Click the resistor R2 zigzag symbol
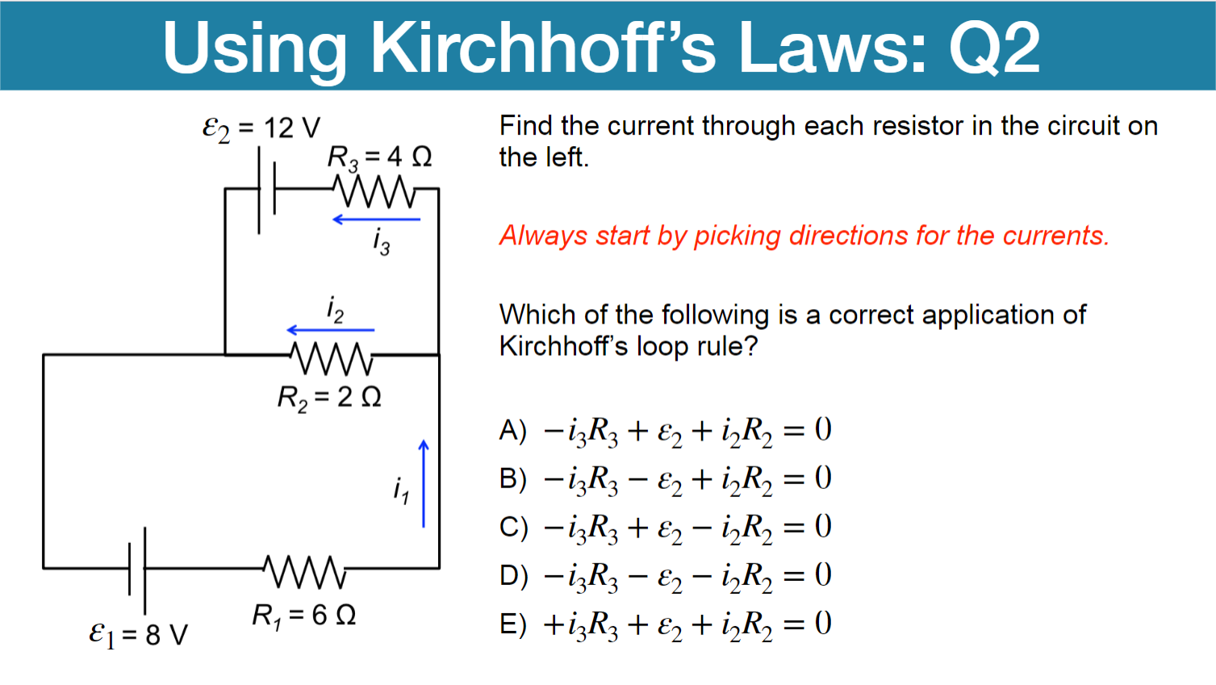point(332,357)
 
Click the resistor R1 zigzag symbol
point(305,570)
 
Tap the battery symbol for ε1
point(137,570)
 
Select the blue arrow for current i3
point(376,219)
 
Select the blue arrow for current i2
point(331,330)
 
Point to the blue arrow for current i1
point(424,484)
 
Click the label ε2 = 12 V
point(261,127)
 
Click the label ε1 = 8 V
point(138,634)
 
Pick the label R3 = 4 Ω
point(379,157)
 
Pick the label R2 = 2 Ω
point(329,397)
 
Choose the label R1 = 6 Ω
point(304,616)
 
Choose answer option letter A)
point(512,430)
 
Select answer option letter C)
point(513,527)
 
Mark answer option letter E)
point(512,624)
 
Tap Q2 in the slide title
point(994,47)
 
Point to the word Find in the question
point(526,126)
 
